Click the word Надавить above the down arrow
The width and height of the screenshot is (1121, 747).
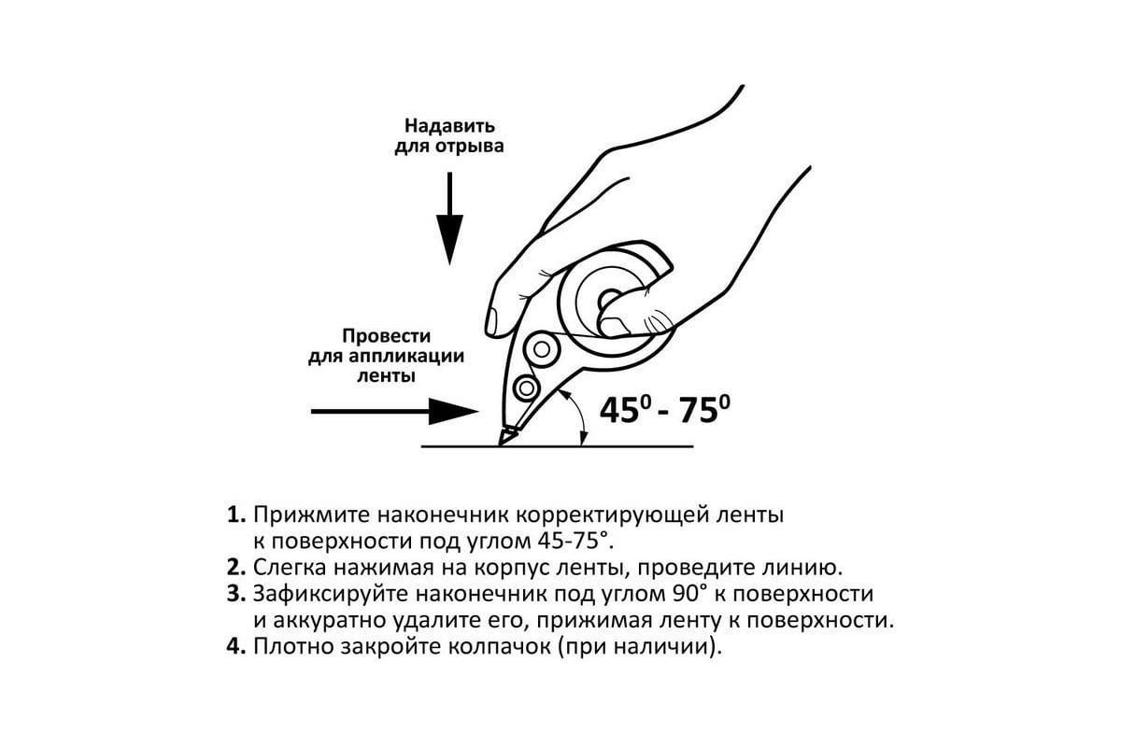tap(449, 126)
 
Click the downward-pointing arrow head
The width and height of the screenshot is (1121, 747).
tap(449, 238)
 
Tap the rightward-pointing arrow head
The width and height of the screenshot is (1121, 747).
tap(453, 411)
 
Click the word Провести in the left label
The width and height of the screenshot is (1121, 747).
tap(386, 336)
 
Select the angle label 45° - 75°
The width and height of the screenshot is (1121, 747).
tap(664, 410)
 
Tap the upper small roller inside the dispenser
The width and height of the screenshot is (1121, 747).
tap(541, 348)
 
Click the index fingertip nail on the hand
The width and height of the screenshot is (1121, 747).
tap(492, 322)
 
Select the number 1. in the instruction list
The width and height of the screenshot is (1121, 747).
tap(236, 514)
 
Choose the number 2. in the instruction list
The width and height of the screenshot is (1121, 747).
tap(236, 568)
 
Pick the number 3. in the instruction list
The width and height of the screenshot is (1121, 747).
tap(236, 594)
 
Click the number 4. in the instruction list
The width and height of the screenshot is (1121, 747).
tap(236, 646)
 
